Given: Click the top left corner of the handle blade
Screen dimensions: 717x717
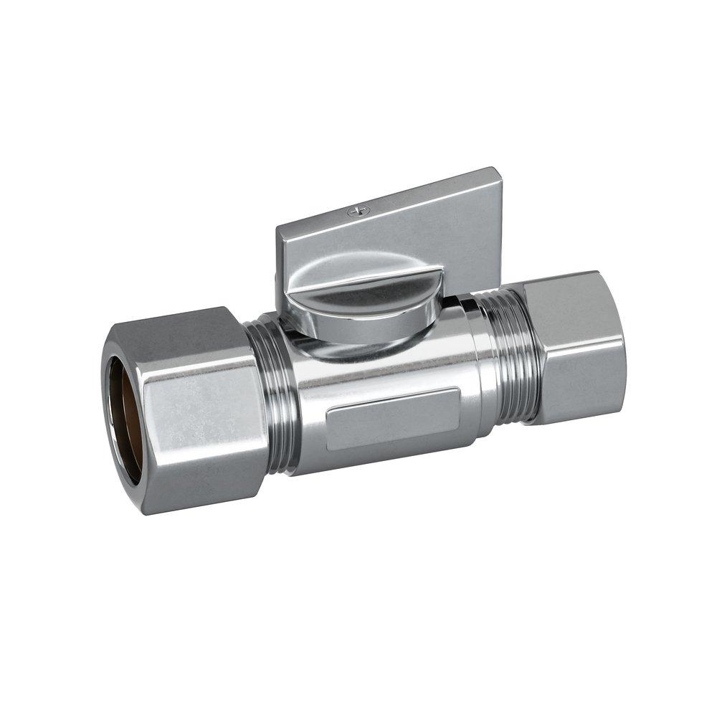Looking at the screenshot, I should point(279,228).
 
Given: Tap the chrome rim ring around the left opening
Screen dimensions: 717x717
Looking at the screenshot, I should point(108,416).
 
